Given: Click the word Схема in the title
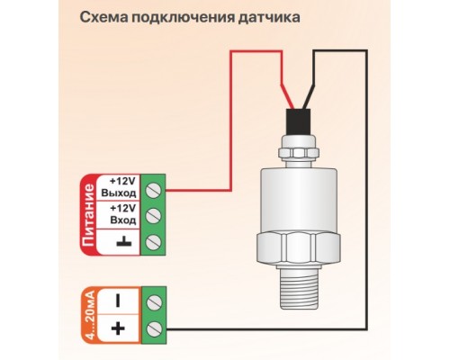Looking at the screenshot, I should click(x=102, y=19).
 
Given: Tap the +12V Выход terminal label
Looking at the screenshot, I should click(x=120, y=186).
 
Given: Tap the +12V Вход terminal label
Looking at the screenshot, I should click(x=120, y=213).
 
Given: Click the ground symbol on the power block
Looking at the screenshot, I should click(x=121, y=239).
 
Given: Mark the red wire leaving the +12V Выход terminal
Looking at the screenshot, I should click(x=198, y=190).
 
